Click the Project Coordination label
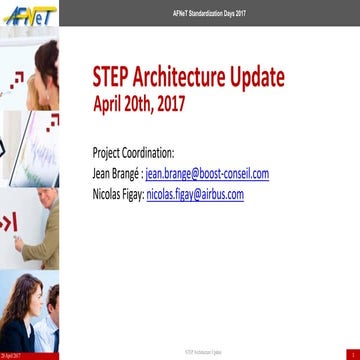tap(133, 154)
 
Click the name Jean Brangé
tap(115, 174)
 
